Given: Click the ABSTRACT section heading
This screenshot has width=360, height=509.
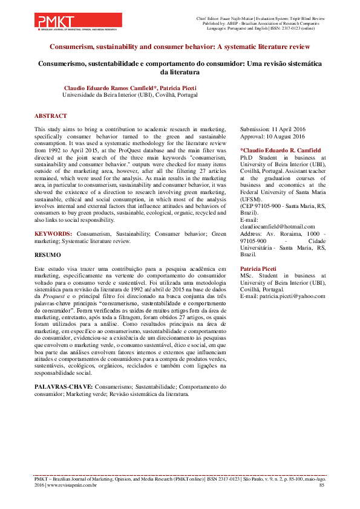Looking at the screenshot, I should click(51, 115).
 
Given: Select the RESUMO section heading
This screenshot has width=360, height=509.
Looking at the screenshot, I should click(48, 256).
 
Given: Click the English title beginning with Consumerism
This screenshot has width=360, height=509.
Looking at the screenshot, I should click(180, 46).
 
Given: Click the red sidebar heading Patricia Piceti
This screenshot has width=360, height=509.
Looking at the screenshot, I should click(258, 268).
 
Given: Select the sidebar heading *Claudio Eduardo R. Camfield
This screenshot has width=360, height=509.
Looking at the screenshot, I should click(281, 150).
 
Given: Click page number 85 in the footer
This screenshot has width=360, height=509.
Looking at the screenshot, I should click(321, 485).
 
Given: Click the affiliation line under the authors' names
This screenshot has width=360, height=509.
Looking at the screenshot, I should click(130, 95).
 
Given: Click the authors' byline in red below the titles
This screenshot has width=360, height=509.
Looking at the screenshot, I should click(130, 88).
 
